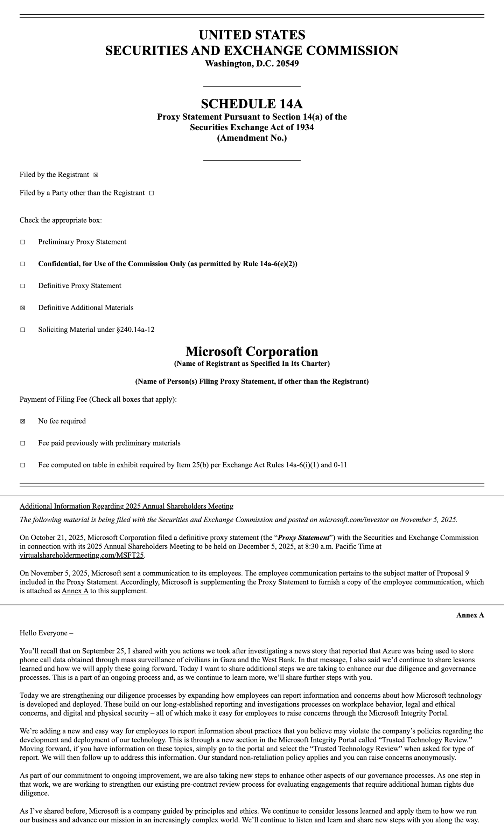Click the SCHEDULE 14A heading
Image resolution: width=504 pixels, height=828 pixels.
click(x=252, y=104)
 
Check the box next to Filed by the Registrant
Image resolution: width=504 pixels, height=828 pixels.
click(x=96, y=175)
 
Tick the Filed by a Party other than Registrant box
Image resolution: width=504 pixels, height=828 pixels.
click(x=152, y=193)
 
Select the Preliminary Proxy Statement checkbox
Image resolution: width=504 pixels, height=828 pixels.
click(x=23, y=242)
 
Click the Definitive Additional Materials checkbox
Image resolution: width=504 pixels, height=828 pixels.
click(x=23, y=308)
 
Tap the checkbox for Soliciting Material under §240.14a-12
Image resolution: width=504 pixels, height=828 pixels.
click(x=23, y=330)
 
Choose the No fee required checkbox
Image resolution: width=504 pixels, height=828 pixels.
click(x=23, y=421)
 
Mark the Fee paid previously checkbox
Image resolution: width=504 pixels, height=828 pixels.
click(x=23, y=443)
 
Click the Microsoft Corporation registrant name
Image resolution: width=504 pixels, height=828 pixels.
click(x=252, y=351)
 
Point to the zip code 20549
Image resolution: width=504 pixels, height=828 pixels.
click(x=287, y=64)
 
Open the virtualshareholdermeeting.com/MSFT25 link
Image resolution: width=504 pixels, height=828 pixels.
click(x=82, y=555)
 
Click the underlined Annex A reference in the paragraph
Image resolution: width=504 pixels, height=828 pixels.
click(x=75, y=591)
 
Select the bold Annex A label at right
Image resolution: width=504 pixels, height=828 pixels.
click(x=470, y=615)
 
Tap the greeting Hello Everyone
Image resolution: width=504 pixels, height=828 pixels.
click(x=44, y=633)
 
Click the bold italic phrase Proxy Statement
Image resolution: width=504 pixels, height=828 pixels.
click(x=303, y=538)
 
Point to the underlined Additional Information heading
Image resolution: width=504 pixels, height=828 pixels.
click(x=126, y=506)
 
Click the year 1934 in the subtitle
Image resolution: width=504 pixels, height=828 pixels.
click(x=304, y=127)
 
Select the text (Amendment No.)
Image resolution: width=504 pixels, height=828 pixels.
click(x=252, y=138)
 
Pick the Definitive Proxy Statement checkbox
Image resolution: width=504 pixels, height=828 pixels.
click(x=23, y=286)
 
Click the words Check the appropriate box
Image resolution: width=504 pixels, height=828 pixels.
click(x=61, y=220)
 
